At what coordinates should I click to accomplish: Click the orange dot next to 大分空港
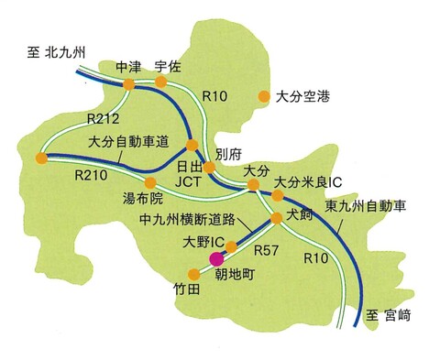click(264, 94)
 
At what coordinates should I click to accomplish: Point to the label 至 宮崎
click(391, 316)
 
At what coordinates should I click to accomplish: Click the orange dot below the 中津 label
click(128, 84)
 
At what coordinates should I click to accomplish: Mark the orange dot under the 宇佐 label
click(161, 82)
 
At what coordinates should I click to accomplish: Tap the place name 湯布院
click(142, 197)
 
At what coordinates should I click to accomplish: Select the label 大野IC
click(203, 241)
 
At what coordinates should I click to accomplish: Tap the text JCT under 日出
click(187, 183)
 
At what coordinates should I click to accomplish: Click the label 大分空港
click(301, 94)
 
